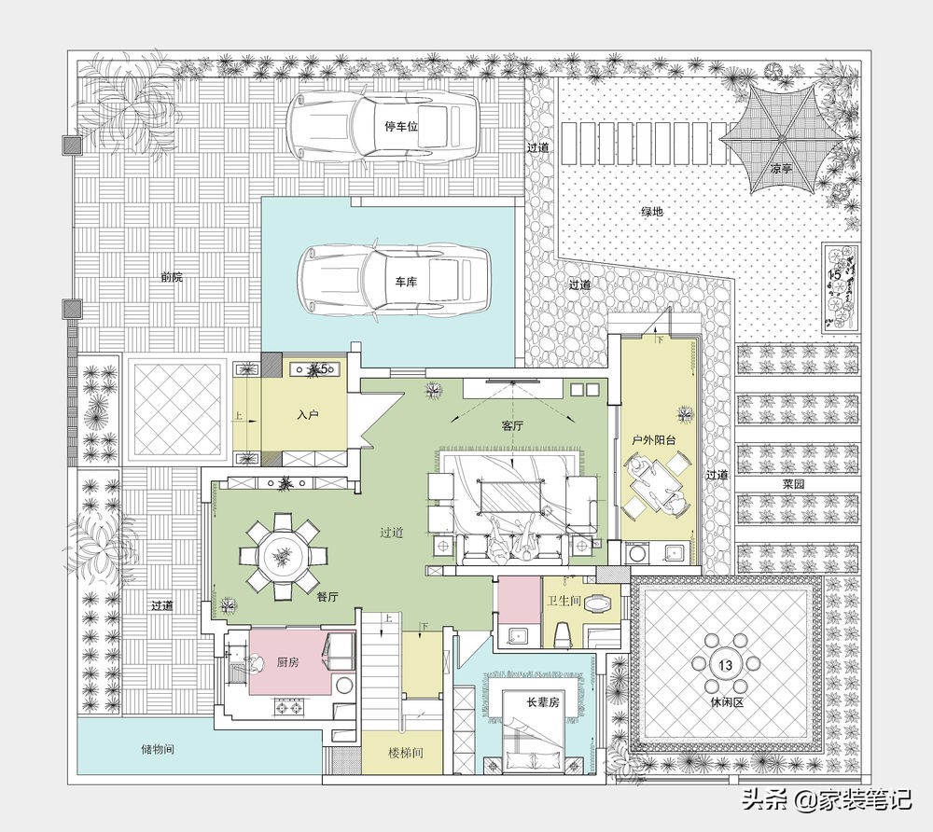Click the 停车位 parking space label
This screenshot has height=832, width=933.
tap(401, 126)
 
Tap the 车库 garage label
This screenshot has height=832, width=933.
tap(405, 282)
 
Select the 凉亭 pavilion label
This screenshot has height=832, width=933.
tap(781, 169)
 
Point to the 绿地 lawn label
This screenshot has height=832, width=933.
tap(651, 211)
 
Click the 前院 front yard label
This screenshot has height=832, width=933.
tap(172, 277)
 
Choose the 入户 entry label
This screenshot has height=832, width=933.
tap(308, 415)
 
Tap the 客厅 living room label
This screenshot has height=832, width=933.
tap(511, 426)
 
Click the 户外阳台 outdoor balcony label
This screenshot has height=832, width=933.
tap(654, 440)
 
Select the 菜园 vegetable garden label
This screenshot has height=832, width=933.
tap(793, 484)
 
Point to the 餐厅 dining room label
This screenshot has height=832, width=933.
tap(327, 597)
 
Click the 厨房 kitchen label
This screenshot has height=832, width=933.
tap(288, 662)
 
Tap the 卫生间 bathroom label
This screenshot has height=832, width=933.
tap(564, 601)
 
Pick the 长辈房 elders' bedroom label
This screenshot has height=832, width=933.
tap(543, 702)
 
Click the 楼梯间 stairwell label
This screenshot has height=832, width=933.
tap(406, 753)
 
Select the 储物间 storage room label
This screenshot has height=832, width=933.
tap(158, 749)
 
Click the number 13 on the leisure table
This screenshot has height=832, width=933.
tap(726, 664)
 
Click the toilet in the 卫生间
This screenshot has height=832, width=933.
tap(562, 634)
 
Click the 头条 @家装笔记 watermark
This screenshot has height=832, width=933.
tap(827, 798)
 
